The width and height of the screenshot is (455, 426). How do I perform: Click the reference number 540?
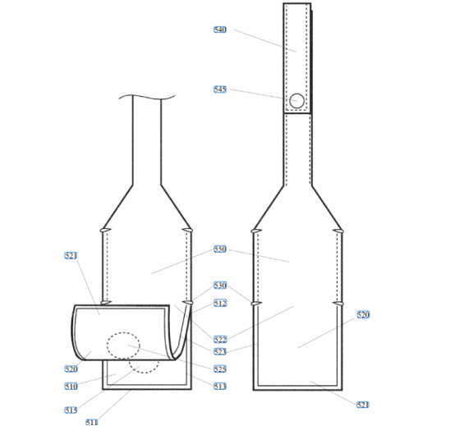pos(219,30)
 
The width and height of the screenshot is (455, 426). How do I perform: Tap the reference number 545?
pos(219,89)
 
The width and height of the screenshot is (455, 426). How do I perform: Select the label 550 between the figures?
pos(219,249)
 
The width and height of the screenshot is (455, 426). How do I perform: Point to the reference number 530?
pos(220,285)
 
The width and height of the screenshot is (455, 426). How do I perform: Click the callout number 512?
pos(220,303)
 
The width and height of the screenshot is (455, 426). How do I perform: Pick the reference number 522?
pos(220,339)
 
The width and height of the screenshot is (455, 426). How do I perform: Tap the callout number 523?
pos(219,352)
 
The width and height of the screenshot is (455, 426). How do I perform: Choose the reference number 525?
pos(219,369)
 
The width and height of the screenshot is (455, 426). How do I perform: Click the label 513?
pos(219,387)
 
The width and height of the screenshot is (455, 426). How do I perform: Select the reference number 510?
pos(71,387)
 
